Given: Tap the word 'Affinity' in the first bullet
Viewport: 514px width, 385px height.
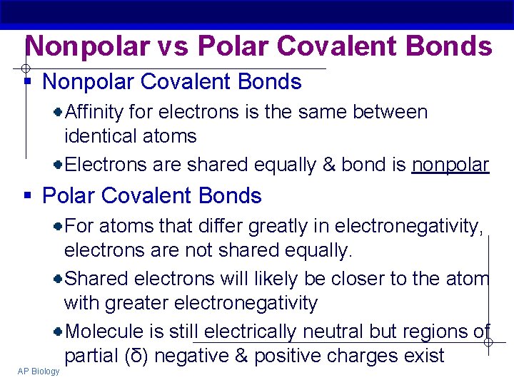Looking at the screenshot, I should pyautogui.click(x=94, y=112).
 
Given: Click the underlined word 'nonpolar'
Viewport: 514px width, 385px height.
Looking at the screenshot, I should pyautogui.click(x=450, y=165).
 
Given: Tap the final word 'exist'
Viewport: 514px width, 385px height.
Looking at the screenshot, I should pyautogui.click(x=420, y=356).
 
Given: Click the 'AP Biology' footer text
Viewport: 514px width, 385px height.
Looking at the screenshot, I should pyautogui.click(x=39, y=371).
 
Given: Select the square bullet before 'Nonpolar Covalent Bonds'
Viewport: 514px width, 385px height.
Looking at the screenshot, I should pyautogui.click(x=28, y=82).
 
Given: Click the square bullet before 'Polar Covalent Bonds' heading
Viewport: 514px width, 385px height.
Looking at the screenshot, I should pyautogui.click(x=28, y=196).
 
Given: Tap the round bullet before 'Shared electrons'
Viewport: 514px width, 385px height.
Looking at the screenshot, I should pyautogui.click(x=58, y=279).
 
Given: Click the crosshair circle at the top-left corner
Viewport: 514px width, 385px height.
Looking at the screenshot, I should pyautogui.click(x=24, y=68).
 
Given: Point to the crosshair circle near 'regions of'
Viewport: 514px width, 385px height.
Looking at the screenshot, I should pyautogui.click(x=488, y=343).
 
